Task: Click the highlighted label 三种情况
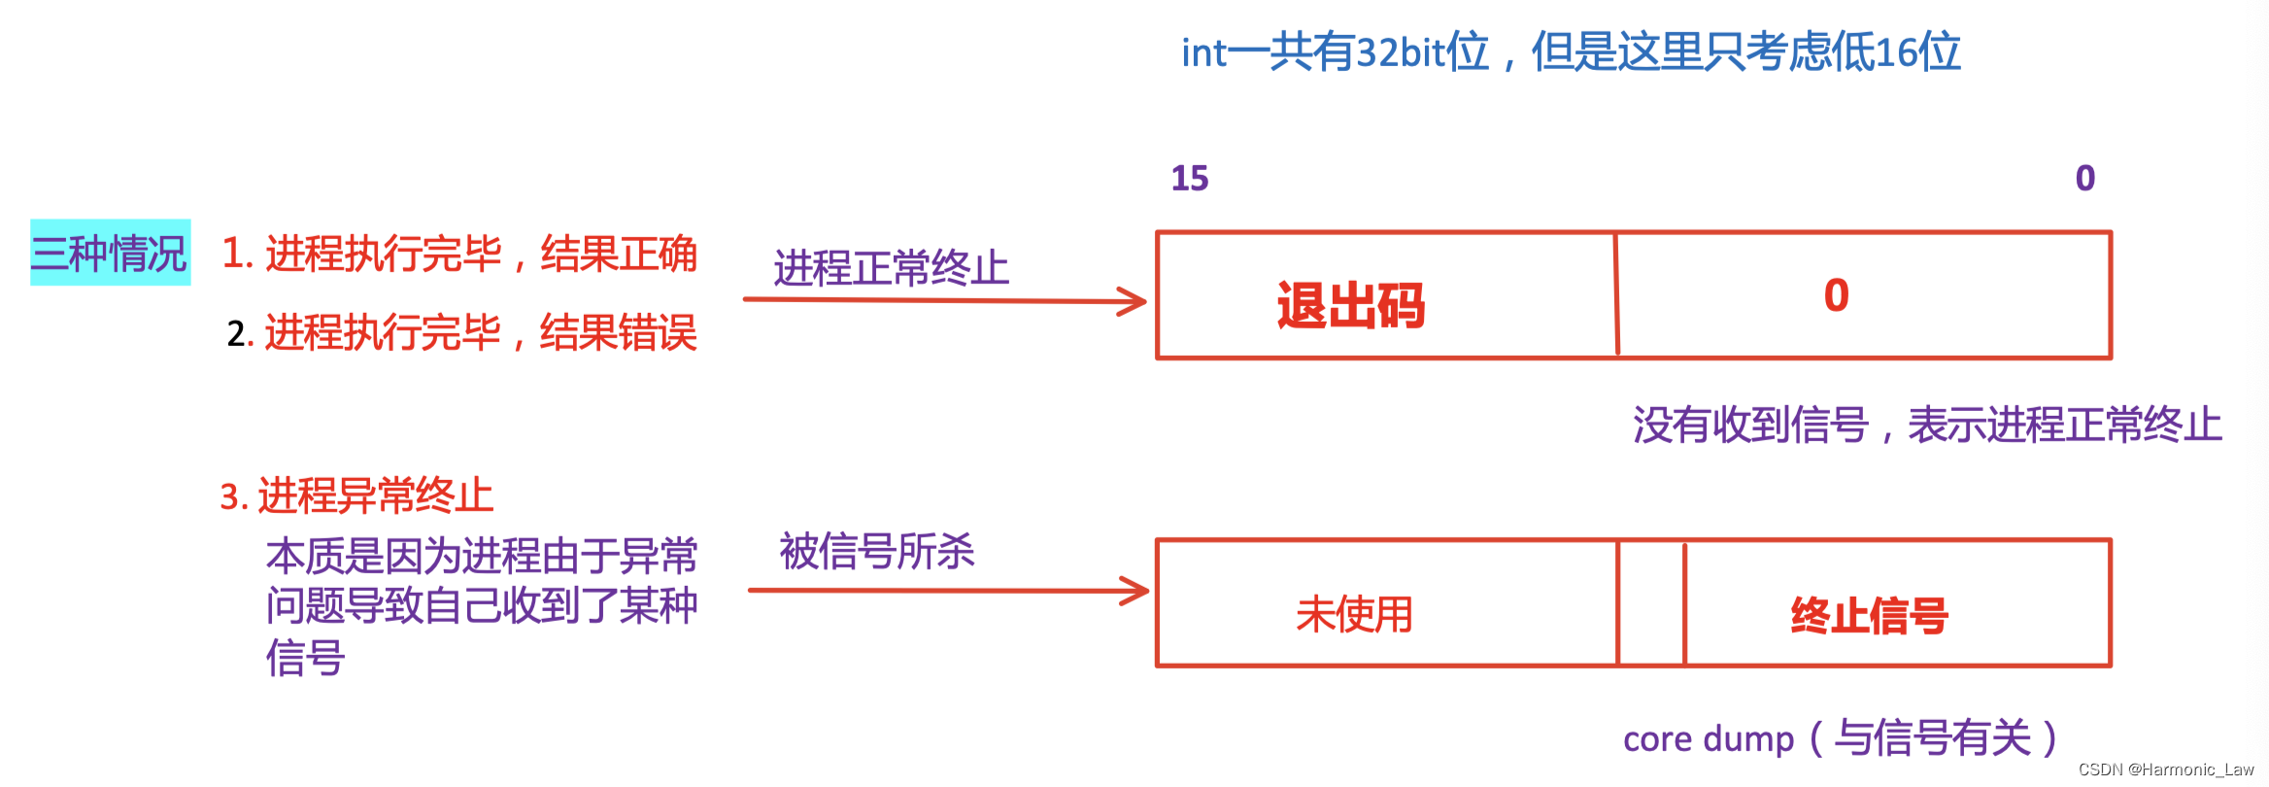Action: pyautogui.click(x=110, y=253)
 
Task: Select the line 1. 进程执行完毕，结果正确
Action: pyautogui.click(x=459, y=254)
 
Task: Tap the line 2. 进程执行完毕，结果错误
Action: pyautogui.click(x=461, y=332)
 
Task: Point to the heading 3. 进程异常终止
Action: pyautogui.click(x=356, y=496)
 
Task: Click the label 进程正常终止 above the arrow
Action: pyautogui.click(x=891, y=267)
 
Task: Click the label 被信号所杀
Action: pyautogui.click(x=876, y=551)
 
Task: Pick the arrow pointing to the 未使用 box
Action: pyautogui.click(x=947, y=590)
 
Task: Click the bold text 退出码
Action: pyautogui.click(x=1350, y=305)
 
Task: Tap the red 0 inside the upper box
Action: pyautogui.click(x=1836, y=295)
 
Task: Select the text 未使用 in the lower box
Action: pyautogui.click(x=1354, y=614)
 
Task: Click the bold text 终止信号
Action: pyautogui.click(x=1869, y=615)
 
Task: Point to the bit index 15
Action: pyautogui.click(x=1190, y=178)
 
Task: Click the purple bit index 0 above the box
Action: pyautogui.click(x=2084, y=178)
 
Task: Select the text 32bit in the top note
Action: pyautogui.click(x=1399, y=52)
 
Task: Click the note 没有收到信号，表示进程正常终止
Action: pyautogui.click(x=1927, y=425)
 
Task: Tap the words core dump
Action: pyautogui.click(x=1709, y=739)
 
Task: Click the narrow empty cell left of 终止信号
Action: pyautogui.click(x=1651, y=603)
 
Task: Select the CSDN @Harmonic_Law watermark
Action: pyautogui.click(x=2165, y=770)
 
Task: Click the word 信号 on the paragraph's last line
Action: pyautogui.click(x=305, y=658)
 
